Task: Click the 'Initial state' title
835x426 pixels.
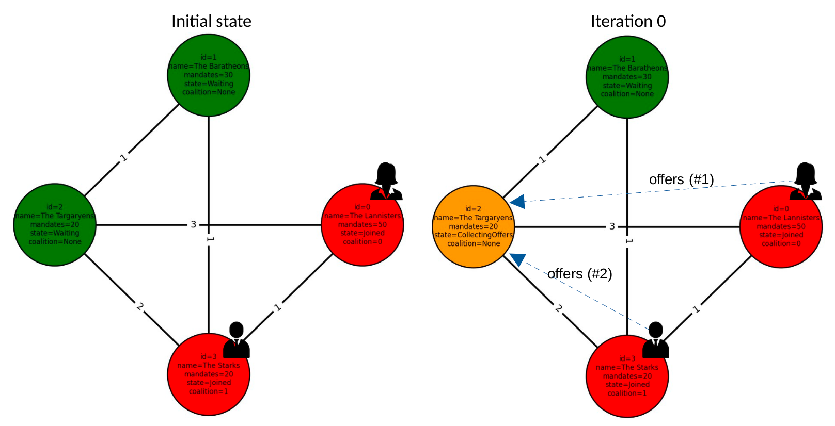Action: click(x=211, y=21)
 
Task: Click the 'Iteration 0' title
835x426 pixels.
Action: click(x=628, y=21)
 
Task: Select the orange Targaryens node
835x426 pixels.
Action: click(x=474, y=226)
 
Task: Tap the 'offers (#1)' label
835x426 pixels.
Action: click(x=681, y=179)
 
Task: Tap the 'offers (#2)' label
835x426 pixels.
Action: click(x=579, y=274)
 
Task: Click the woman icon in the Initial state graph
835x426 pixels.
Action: click(x=386, y=181)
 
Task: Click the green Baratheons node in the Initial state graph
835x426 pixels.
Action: click(x=209, y=75)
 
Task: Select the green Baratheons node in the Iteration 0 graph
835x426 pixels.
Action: click(x=627, y=77)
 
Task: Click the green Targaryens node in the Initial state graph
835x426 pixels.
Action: click(x=55, y=225)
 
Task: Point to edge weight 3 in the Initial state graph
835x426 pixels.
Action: click(x=194, y=224)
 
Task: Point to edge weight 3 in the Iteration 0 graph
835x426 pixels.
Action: click(x=612, y=226)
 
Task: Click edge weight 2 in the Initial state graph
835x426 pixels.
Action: click(x=140, y=306)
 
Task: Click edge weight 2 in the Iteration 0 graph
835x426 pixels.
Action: click(x=559, y=308)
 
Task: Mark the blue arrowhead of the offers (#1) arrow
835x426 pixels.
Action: click(x=517, y=202)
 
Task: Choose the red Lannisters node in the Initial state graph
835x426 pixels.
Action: click(x=363, y=225)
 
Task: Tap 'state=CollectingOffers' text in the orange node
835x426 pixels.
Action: click(x=474, y=235)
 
